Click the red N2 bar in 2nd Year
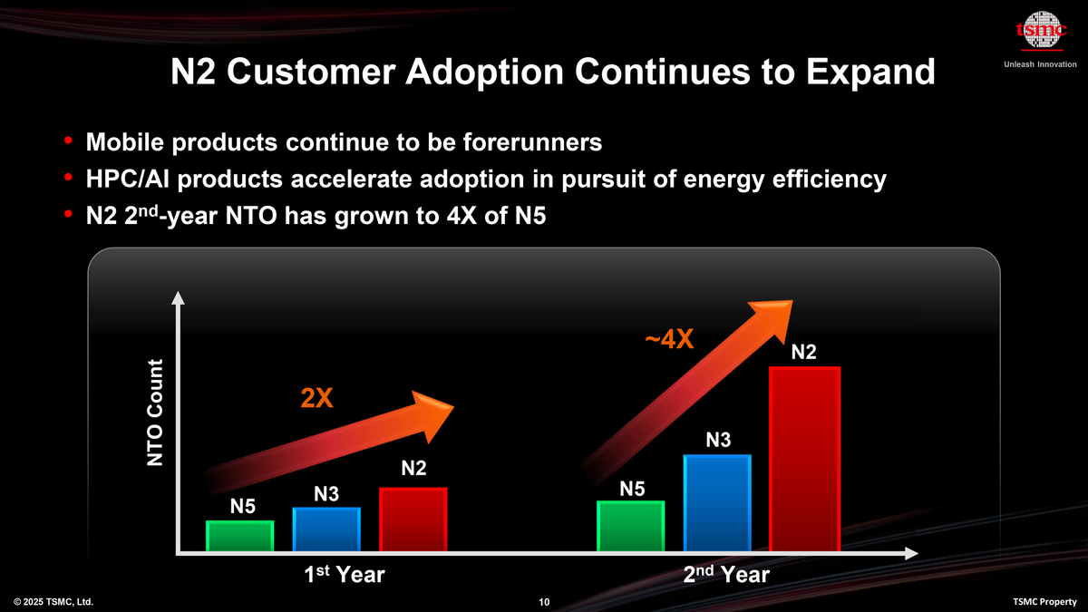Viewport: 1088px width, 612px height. (x=804, y=459)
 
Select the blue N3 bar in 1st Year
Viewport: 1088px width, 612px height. (x=326, y=529)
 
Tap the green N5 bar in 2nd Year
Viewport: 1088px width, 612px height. (x=631, y=526)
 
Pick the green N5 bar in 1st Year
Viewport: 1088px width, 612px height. (x=240, y=536)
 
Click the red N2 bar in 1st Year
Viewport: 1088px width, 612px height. (x=413, y=520)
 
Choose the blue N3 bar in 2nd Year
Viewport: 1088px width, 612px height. (x=717, y=502)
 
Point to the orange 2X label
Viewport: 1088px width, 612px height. (x=317, y=399)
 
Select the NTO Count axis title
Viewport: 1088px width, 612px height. (x=156, y=413)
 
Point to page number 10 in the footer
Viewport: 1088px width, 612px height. (x=544, y=602)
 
